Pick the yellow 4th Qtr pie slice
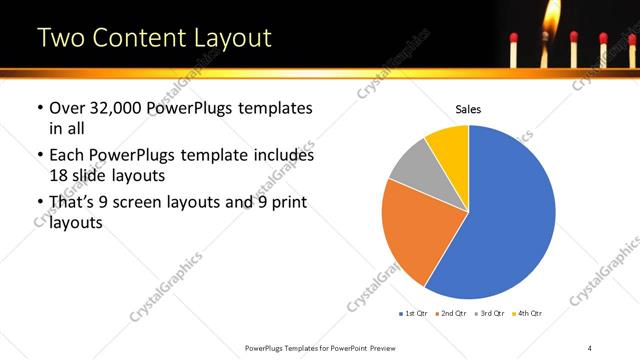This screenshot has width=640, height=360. click(448, 145)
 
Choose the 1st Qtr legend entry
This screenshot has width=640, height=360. click(413, 315)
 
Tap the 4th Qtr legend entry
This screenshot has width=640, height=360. click(527, 315)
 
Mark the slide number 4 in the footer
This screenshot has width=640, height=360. click(590, 347)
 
